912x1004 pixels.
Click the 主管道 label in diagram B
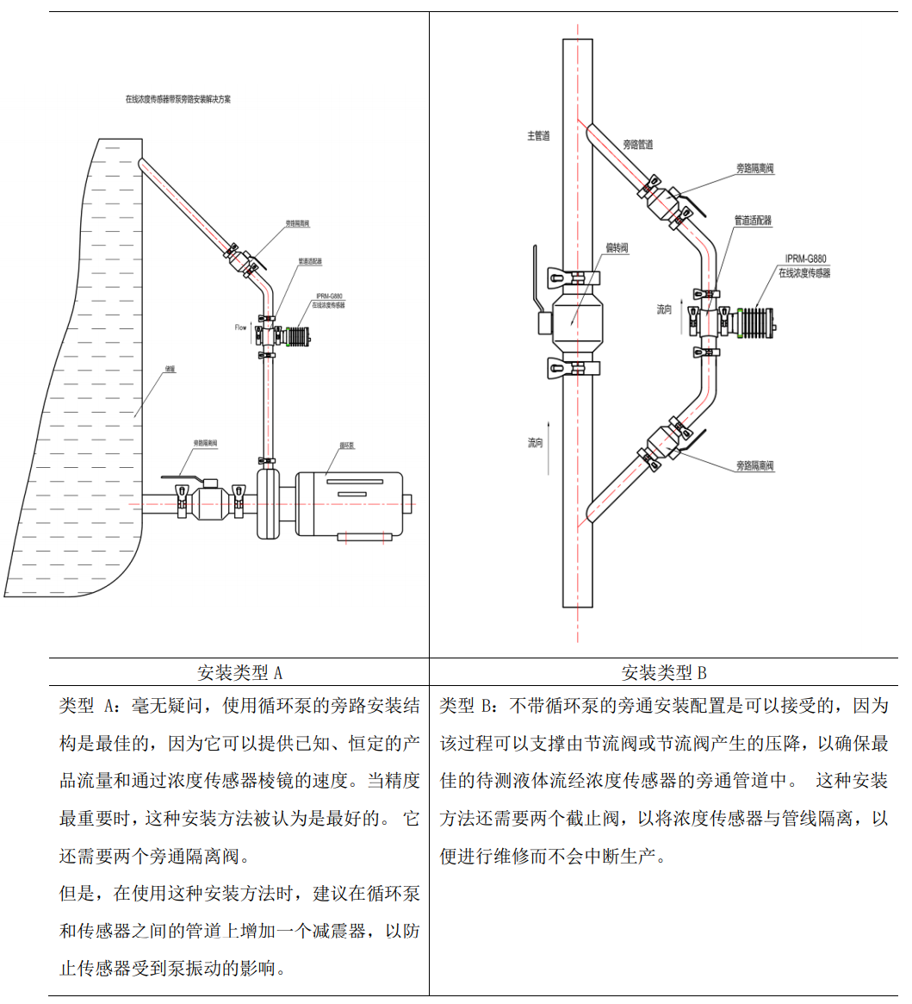(538, 135)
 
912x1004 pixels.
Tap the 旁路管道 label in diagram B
(637, 145)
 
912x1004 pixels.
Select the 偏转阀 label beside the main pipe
(617, 248)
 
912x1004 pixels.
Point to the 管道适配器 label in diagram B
(753, 221)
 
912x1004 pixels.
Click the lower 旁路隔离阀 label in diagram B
(754, 466)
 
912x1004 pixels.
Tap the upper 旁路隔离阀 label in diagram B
(754, 169)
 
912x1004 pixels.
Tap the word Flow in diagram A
(241, 327)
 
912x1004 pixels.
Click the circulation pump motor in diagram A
(350, 502)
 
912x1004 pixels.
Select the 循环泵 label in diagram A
(348, 446)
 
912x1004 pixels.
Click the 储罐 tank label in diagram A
(170, 368)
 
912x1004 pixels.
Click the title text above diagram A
(178, 99)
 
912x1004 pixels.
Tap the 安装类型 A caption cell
(239, 672)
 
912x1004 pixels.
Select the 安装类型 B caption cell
(664, 672)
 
